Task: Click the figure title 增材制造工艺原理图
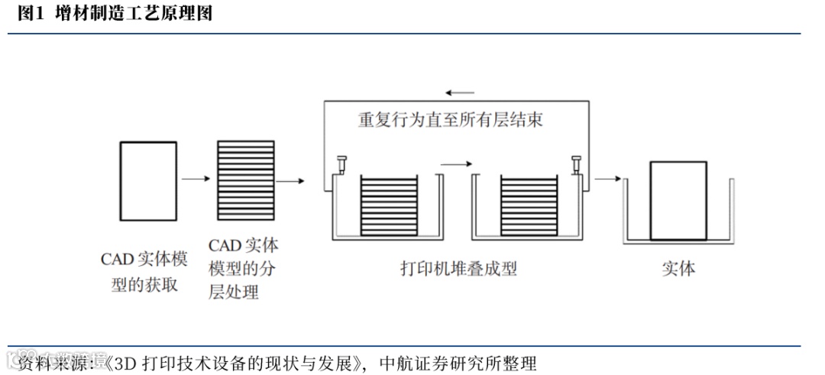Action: (135, 14)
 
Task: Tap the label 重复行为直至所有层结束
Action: (451, 120)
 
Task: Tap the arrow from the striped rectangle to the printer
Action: (290, 181)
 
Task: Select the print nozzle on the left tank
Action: (341, 163)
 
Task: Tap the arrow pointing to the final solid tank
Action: (607, 179)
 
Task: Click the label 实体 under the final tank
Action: (678, 268)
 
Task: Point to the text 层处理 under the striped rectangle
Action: (234, 292)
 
